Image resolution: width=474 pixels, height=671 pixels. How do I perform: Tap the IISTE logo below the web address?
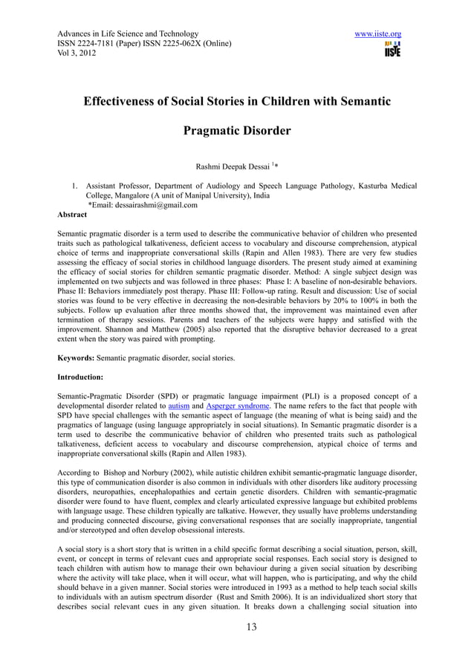pos(392,50)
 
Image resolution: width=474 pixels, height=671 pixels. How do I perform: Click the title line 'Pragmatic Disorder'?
pos(236,132)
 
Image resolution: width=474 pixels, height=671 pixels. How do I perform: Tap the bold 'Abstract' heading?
pos(72,215)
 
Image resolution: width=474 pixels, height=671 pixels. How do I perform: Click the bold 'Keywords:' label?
pos(76,359)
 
